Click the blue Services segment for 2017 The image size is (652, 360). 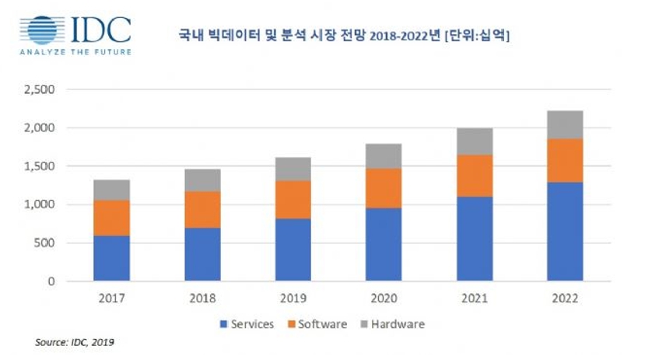point(111,257)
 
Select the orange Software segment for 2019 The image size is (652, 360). point(293,200)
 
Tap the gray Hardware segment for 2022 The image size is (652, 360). point(565,124)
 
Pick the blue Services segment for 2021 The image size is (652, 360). point(475,238)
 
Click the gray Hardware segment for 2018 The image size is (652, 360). point(202,180)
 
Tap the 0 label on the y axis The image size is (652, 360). point(51,281)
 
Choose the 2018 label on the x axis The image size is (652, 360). point(202,298)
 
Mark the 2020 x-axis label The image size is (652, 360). point(384,298)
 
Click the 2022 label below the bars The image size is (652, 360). point(565,298)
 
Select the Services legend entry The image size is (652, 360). point(247,323)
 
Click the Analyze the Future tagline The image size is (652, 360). point(75,52)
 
